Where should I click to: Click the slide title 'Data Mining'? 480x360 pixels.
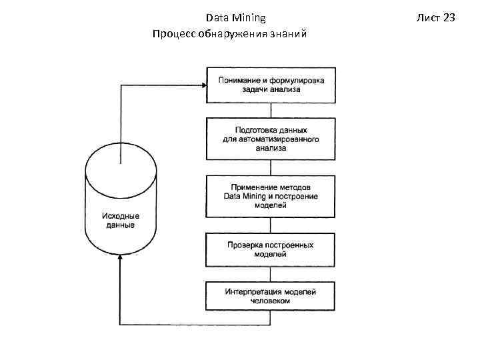point(235,17)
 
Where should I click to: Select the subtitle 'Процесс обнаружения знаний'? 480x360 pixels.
point(229,33)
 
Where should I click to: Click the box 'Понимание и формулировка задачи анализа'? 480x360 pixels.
point(271,85)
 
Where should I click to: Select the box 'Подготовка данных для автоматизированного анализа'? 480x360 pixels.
point(271,139)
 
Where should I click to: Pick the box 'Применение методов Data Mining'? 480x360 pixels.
point(271,196)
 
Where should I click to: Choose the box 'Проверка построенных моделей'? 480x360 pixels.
point(271,249)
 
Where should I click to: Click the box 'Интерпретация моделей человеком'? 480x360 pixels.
point(271,297)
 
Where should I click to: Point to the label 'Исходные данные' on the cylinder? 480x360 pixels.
point(121,221)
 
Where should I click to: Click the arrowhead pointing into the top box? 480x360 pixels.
point(203,85)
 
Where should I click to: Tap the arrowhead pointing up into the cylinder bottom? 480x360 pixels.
point(120,261)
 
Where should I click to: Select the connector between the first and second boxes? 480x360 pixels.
point(271,111)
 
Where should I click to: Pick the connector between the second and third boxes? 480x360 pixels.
point(271,167)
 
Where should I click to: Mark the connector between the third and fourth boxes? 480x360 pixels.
point(271,225)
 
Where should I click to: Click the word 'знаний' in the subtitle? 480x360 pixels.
point(287,33)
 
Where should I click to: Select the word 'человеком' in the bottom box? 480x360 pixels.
point(271,301)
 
